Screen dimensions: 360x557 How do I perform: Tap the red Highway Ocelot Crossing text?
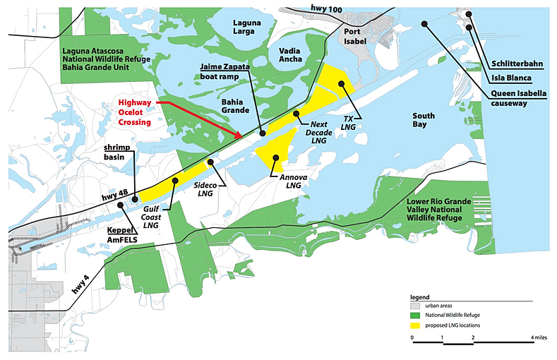[134, 112]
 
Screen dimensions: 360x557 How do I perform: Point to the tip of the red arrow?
[242, 137]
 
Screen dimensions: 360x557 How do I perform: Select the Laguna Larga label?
[246, 28]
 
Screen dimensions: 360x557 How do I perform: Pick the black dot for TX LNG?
[341, 84]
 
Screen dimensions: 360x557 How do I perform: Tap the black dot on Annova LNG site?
[276, 158]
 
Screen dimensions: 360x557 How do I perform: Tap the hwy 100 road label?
[325, 7]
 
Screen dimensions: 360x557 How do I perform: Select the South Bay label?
[424, 120]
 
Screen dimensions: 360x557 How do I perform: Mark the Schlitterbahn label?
[517, 64]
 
